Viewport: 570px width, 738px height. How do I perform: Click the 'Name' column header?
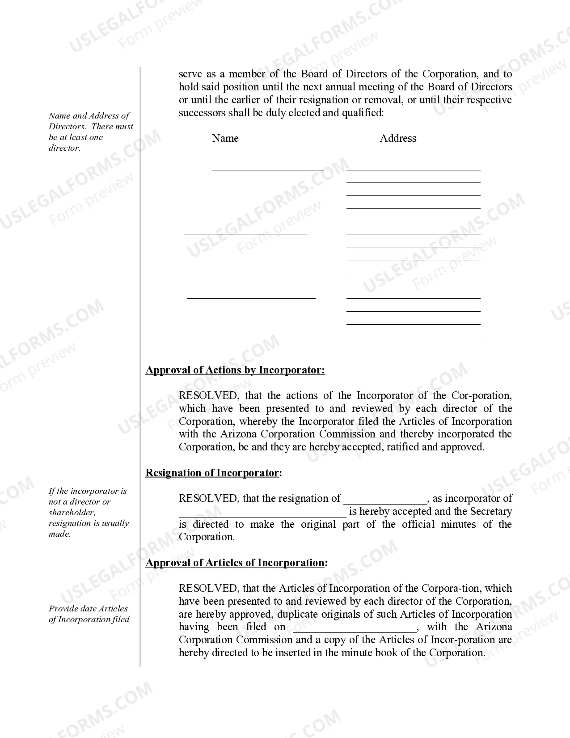coord(225,138)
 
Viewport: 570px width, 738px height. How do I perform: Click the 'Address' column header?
coord(398,138)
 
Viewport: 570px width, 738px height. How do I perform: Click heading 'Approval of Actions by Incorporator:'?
coord(235,370)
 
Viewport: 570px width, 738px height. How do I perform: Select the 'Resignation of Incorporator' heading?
coord(212,473)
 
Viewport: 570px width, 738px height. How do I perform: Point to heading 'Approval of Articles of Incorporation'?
coord(235,563)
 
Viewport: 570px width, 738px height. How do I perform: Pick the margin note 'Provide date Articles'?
coord(89,614)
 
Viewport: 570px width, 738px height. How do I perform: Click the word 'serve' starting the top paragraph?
coord(190,74)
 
